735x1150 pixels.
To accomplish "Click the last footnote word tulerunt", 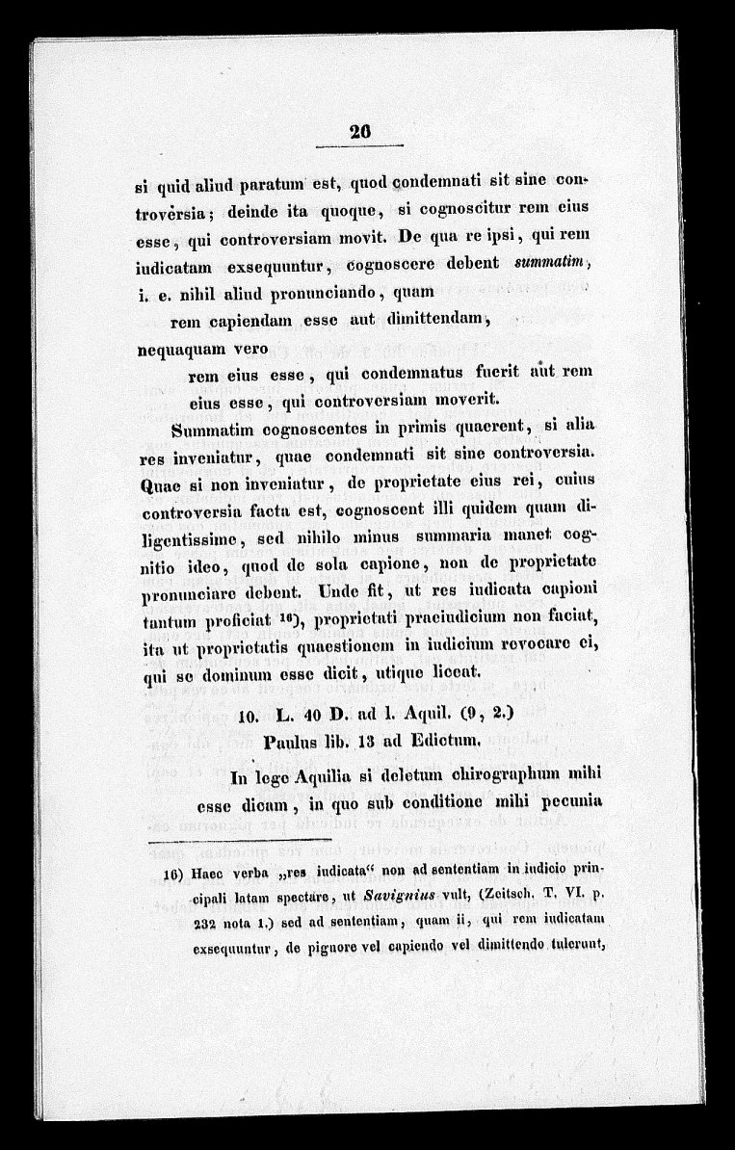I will [574, 945].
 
